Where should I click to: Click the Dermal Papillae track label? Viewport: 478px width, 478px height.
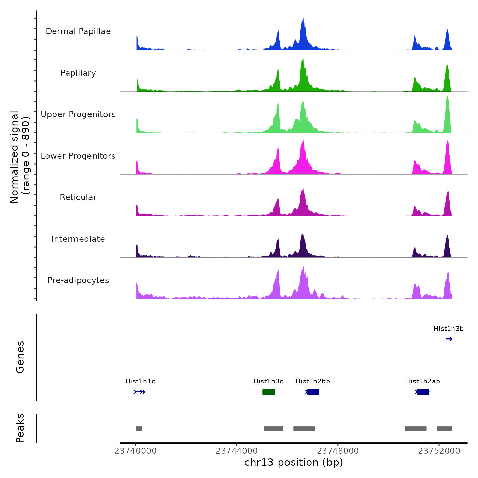point(78,31)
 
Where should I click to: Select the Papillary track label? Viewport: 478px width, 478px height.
point(78,73)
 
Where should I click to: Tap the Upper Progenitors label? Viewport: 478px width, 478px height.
point(78,114)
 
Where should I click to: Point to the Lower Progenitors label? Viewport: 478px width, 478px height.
point(78,156)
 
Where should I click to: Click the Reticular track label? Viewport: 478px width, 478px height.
point(78,197)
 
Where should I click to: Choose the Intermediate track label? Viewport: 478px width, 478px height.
point(78,239)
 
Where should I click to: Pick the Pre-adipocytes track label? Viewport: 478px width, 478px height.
point(78,280)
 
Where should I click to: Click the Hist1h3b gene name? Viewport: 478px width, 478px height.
point(448,329)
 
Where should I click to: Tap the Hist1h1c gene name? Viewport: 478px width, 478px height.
point(140,381)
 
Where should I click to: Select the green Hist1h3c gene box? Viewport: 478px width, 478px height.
point(268,392)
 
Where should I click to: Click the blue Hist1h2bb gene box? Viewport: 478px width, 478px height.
point(313,392)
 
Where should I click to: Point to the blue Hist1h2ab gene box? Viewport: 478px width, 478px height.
point(423,392)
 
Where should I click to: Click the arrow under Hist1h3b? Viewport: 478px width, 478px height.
point(449,339)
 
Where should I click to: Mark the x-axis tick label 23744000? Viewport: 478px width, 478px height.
point(237,451)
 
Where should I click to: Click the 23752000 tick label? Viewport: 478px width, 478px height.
point(439,451)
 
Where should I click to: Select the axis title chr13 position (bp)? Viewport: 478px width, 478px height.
point(294,462)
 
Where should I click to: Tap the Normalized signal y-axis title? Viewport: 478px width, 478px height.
point(20,157)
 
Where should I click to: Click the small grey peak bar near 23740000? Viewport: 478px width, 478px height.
point(139,428)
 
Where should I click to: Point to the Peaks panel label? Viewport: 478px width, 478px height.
point(20,428)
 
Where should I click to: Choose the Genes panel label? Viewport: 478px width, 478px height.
point(20,357)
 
